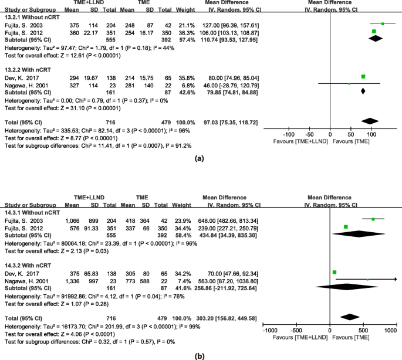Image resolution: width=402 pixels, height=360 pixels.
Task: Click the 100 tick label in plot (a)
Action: (x=370, y=134)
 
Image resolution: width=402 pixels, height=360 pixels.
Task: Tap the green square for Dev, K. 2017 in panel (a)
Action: (x=364, y=77)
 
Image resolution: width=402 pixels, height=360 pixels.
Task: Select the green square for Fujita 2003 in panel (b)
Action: (x=373, y=219)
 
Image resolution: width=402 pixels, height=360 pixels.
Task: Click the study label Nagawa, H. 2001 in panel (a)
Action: (x=24, y=83)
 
